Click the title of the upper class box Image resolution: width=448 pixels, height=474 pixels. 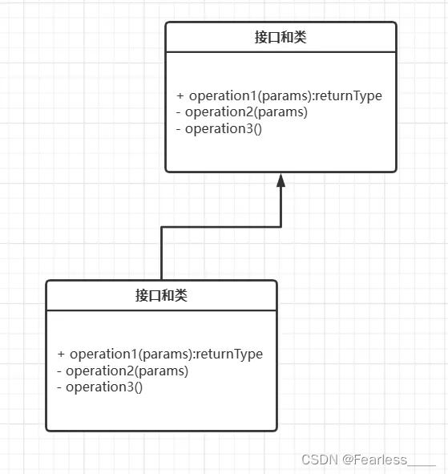click(x=281, y=38)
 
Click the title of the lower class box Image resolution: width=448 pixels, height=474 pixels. click(x=161, y=295)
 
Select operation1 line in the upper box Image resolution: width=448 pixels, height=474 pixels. click(x=280, y=95)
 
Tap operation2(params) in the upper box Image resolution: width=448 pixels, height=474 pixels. click(x=246, y=112)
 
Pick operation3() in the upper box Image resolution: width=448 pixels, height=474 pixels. click(x=224, y=129)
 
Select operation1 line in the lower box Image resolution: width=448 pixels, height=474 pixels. click(x=160, y=354)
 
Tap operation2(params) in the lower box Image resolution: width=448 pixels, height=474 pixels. click(x=127, y=371)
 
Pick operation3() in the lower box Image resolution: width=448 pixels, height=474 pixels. click(x=104, y=387)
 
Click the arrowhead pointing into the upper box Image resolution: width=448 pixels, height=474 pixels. click(x=281, y=180)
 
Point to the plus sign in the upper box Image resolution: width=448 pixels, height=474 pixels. click(x=180, y=95)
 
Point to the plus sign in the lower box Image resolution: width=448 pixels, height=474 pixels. click(x=61, y=354)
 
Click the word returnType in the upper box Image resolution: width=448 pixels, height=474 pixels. click(x=349, y=95)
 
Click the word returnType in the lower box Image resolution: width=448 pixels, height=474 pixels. click(x=229, y=354)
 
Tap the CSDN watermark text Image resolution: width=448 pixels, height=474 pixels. click(x=320, y=460)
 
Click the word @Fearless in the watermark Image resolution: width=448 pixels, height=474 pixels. click(x=374, y=460)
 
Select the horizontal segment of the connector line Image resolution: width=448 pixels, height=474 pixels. click(x=221, y=227)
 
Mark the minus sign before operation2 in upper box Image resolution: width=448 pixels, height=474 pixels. click(x=179, y=112)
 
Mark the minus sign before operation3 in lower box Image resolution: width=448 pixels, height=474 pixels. click(x=59, y=387)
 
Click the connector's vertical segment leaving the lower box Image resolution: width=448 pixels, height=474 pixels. click(x=162, y=253)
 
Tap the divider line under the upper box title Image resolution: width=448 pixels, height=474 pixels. click(x=281, y=52)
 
